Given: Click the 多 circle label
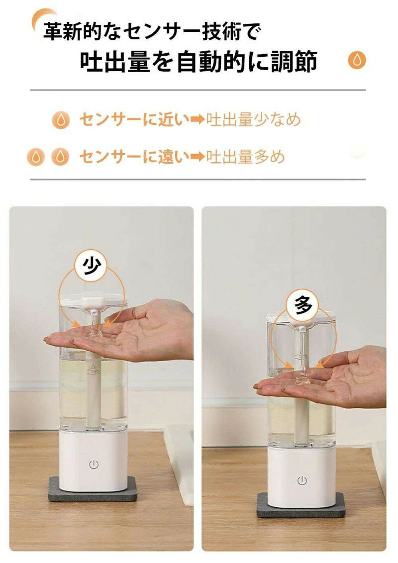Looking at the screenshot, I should [303, 304].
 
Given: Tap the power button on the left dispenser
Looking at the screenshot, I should [94, 465].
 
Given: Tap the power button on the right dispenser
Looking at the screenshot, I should [301, 480].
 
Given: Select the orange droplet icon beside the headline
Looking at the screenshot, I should [357, 60].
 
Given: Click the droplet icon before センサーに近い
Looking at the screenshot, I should [61, 120].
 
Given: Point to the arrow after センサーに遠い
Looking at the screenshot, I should [198, 157].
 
